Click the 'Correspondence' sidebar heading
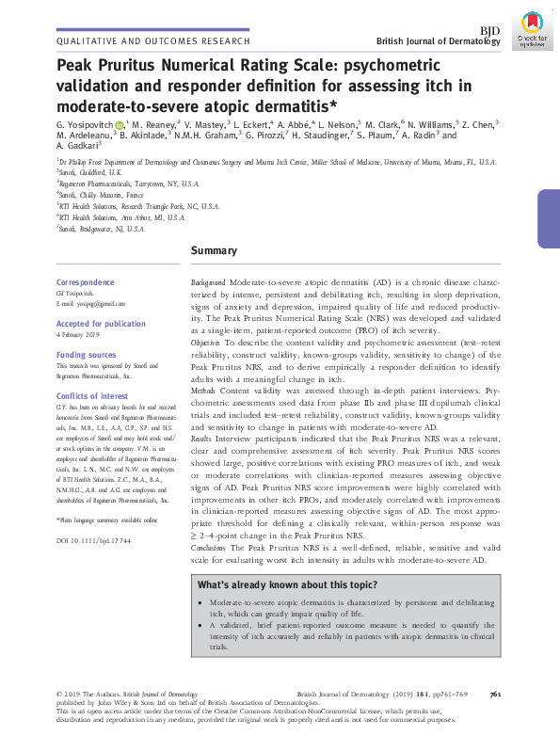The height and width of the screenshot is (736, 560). coord(86,282)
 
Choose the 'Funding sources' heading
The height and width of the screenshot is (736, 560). coord(86,356)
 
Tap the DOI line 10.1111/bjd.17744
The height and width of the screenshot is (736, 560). coord(93,540)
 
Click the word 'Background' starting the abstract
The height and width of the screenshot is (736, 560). coord(208,282)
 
